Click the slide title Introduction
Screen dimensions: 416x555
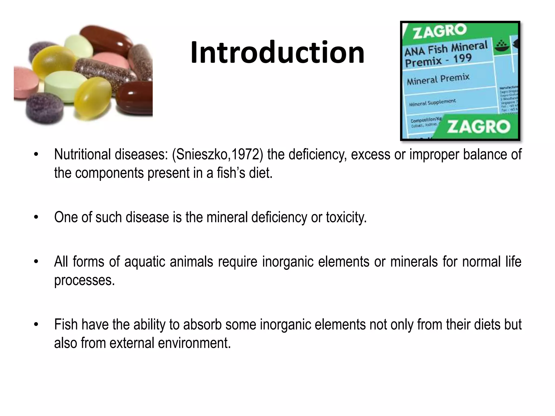click(x=277, y=52)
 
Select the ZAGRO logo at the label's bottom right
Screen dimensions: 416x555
click(x=478, y=126)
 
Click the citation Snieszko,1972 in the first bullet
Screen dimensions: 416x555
click(x=218, y=155)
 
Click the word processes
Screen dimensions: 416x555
click(x=85, y=280)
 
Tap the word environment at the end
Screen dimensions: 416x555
click(x=194, y=343)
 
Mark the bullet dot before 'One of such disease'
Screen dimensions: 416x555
click(x=36, y=217)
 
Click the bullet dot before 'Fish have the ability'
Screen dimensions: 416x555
click(x=36, y=325)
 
